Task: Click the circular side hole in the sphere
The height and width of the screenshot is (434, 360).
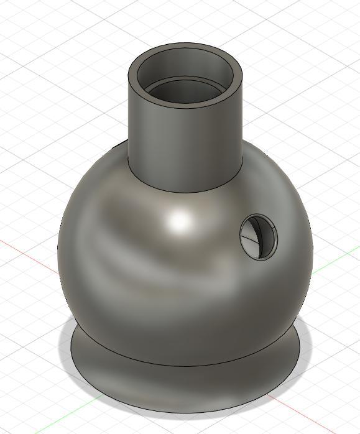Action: coord(259,236)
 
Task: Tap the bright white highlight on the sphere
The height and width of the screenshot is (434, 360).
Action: coord(180,221)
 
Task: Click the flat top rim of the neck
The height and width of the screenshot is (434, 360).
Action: coord(185,47)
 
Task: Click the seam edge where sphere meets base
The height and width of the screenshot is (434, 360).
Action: coord(187,366)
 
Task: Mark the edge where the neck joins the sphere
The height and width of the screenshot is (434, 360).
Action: coord(187,190)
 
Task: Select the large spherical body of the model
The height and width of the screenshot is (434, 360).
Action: coord(155,280)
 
